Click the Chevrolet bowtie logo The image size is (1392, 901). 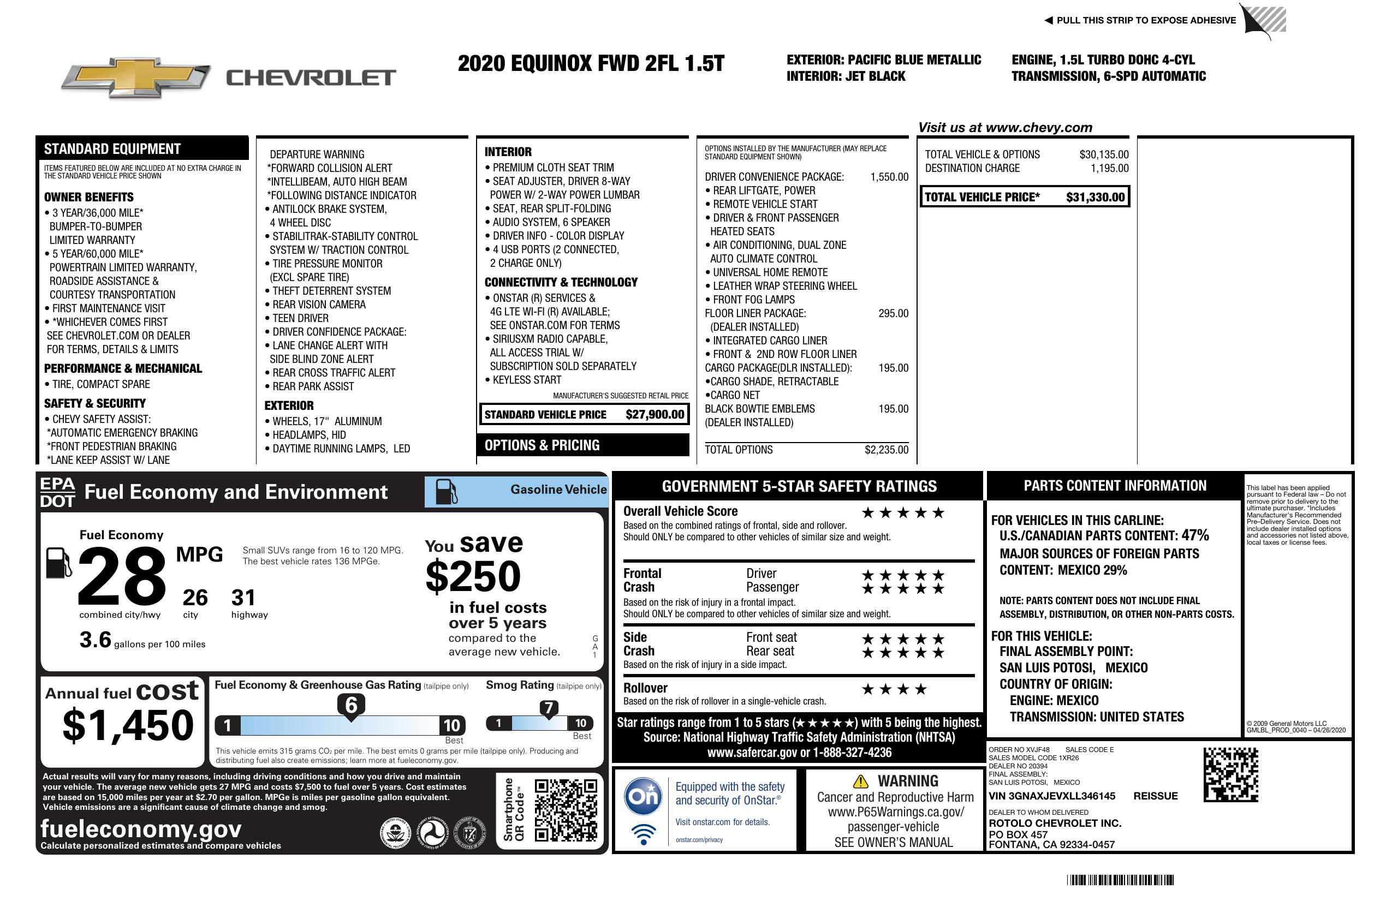point(136,77)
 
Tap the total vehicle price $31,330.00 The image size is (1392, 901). point(1095,197)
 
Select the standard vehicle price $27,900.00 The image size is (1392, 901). point(655,415)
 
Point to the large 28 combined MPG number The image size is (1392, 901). point(122,576)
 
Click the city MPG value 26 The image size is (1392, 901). point(195,598)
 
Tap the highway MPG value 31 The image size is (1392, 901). point(243,598)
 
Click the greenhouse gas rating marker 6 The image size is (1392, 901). point(351,706)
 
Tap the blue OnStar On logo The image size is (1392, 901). point(643,796)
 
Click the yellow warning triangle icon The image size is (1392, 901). point(860,781)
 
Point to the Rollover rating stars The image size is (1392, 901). point(894,689)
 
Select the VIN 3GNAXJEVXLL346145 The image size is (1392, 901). point(1051,796)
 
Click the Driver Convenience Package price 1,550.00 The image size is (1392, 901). point(889,177)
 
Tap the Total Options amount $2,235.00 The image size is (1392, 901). point(886,450)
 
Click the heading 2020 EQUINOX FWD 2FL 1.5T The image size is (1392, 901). point(591,63)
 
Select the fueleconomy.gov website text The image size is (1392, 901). point(141,829)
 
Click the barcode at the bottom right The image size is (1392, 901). point(1120,880)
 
